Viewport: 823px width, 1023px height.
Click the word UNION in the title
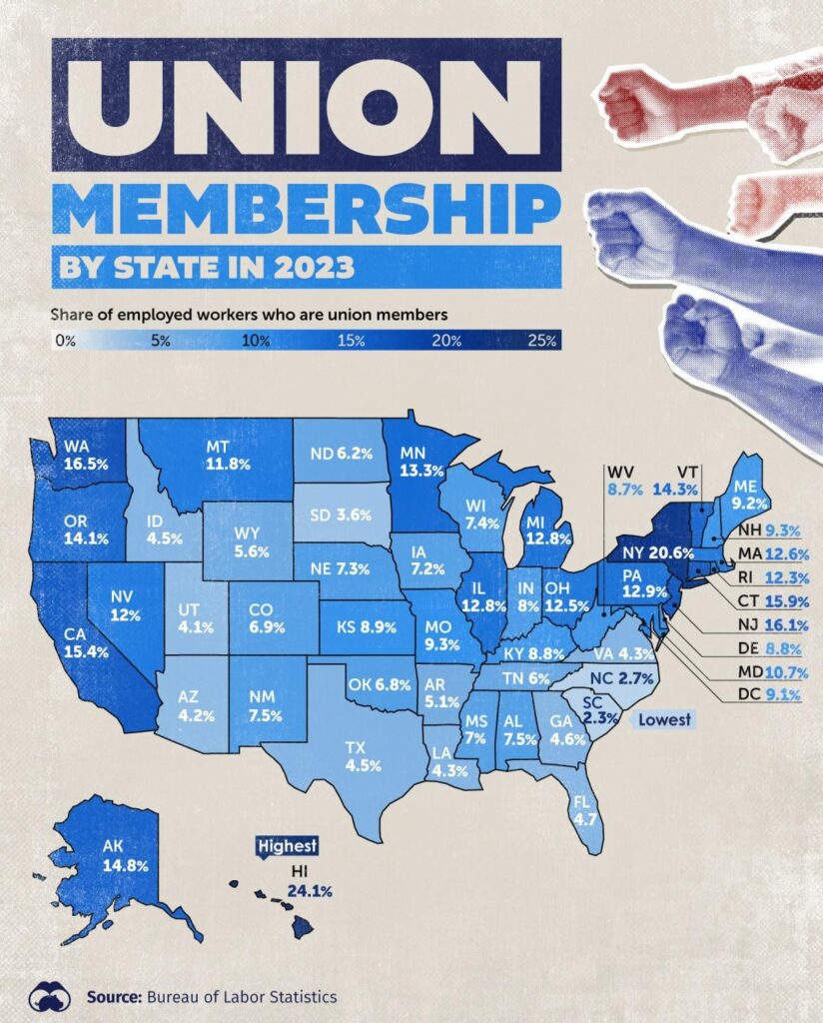point(306,105)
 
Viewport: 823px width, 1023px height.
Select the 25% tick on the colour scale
point(541,341)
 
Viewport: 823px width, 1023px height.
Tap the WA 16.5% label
point(81,455)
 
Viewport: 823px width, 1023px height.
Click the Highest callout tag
point(287,846)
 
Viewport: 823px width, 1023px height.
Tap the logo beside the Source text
point(49,995)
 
